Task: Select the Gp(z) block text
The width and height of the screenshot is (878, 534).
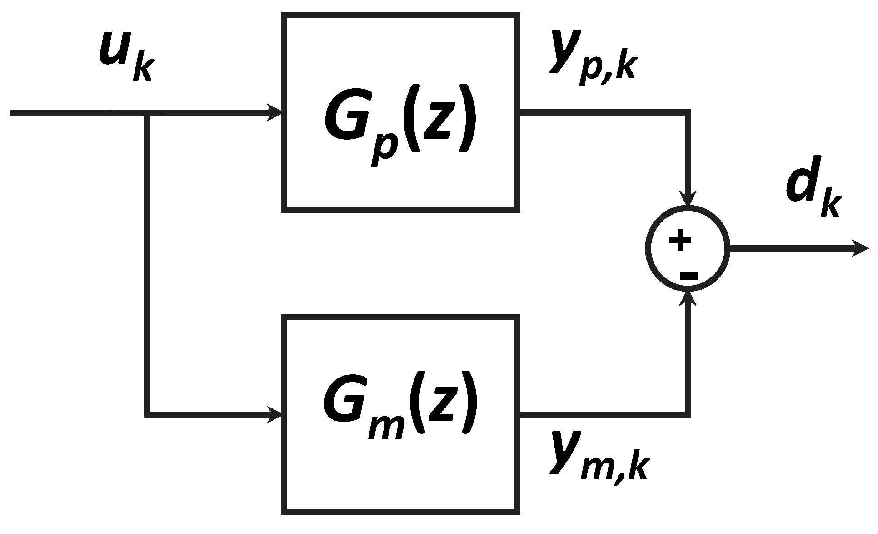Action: click(x=400, y=119)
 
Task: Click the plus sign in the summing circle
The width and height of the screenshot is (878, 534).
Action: click(x=680, y=241)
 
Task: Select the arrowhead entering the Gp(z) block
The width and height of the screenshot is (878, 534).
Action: click(x=274, y=112)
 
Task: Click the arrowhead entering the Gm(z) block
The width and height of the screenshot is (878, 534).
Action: click(x=274, y=414)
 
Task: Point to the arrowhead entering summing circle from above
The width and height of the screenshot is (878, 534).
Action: click(x=688, y=199)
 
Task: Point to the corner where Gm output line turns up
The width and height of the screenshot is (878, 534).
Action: click(x=688, y=414)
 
